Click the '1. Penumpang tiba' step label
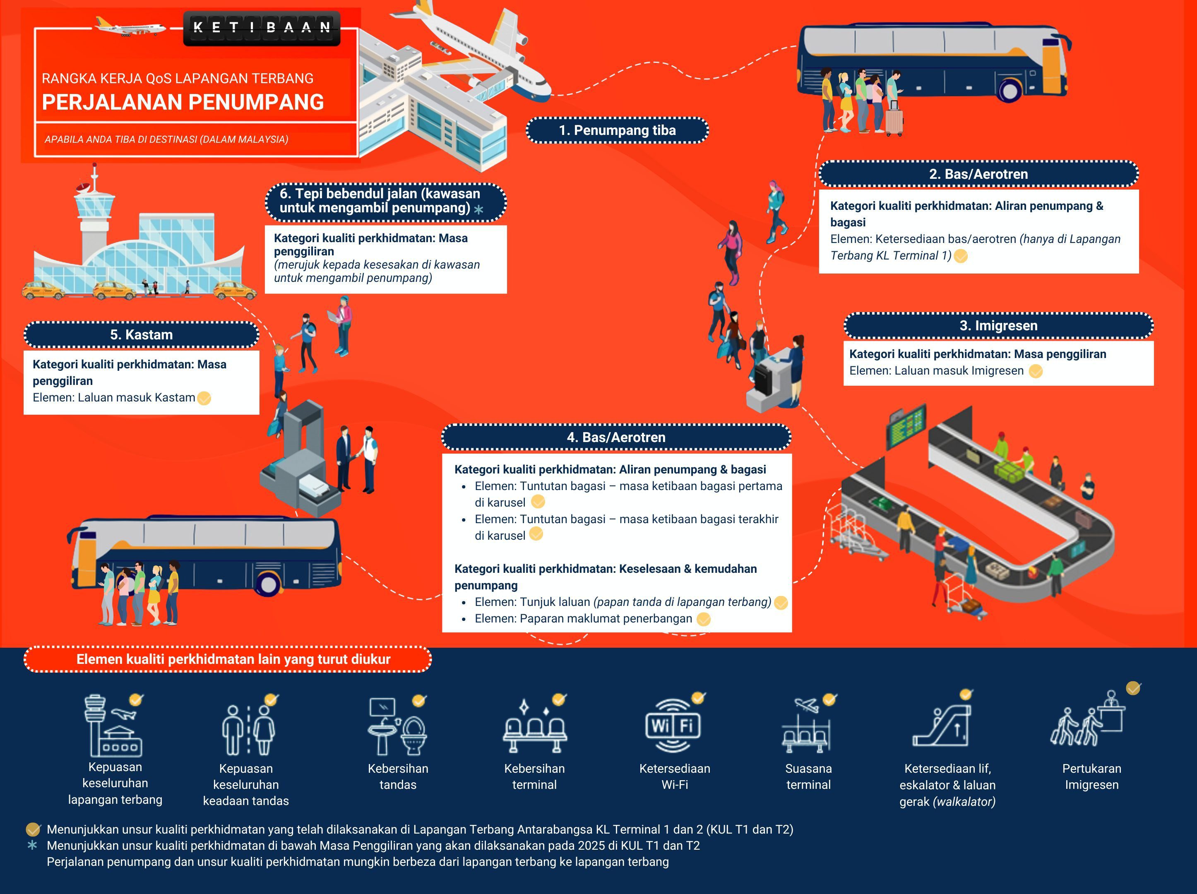pos(617,130)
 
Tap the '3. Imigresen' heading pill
pos(998,326)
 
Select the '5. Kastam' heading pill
pos(141,334)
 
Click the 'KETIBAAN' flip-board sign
pos(262,28)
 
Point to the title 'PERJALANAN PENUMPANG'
pos(183,102)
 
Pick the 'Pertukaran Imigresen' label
pos(1091,776)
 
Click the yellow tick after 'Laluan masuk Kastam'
pos(204,398)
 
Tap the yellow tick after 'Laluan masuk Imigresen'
pos(1035,371)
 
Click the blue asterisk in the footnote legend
pos(32,845)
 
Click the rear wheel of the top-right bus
pos(1010,90)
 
